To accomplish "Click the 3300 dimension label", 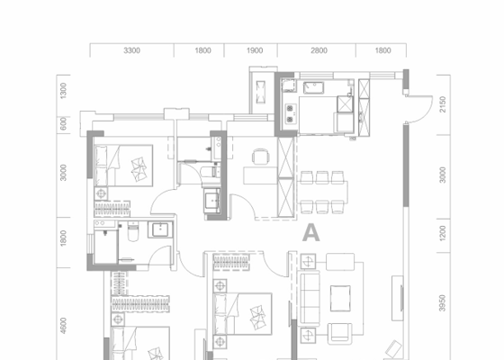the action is point(131,50).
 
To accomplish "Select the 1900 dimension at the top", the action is point(255,50).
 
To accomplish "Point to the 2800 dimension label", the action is point(319,50).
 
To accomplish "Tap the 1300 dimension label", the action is point(63,91).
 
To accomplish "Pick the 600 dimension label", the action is point(63,124).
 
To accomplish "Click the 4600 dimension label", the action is point(63,326).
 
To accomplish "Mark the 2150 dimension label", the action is point(443,104).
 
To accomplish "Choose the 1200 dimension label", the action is point(443,233).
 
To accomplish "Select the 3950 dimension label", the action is point(443,303).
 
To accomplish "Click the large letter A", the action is point(310,233).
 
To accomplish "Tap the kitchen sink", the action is point(313,87).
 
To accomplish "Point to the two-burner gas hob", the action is point(290,113).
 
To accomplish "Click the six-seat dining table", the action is point(322,192).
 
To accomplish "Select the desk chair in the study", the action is point(260,157).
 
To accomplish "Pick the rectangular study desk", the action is point(260,175).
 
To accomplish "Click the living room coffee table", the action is point(340,298).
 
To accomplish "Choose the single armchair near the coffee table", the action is point(340,334).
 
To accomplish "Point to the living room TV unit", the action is point(398,298).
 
